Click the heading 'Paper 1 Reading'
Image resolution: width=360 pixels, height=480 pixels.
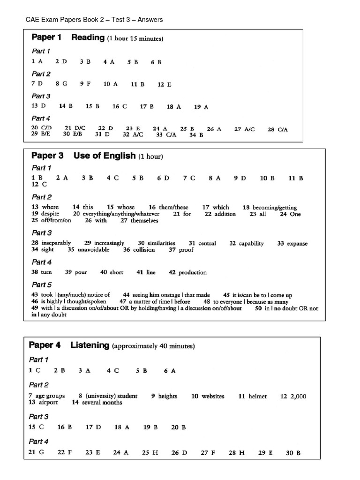pyautogui.click(x=67, y=38)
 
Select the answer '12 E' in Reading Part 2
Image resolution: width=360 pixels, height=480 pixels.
pyautogui.click(x=164, y=84)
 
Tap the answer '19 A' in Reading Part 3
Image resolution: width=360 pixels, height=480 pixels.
pyautogui.click(x=201, y=107)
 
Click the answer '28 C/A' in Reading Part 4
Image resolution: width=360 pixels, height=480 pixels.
pyautogui.click(x=277, y=129)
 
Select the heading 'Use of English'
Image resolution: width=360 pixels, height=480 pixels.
pyautogui.click(x=105, y=156)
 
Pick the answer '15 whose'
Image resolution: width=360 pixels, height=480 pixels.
pyautogui.click(x=120, y=207)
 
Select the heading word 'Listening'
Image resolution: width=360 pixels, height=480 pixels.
pyautogui.click(x=90, y=345)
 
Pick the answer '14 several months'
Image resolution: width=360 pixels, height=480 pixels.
pyautogui.click(x=97, y=402)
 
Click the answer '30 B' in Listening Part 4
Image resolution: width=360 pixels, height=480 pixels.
pyautogui.click(x=292, y=453)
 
